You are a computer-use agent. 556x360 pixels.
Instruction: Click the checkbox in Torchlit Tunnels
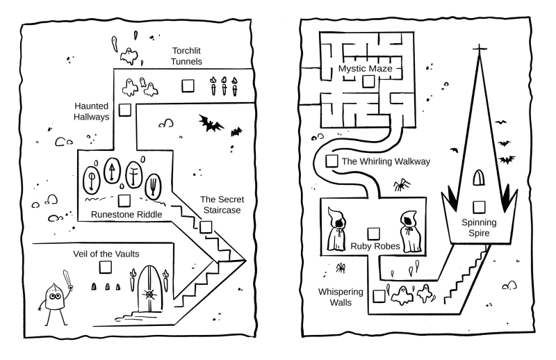pos(188,86)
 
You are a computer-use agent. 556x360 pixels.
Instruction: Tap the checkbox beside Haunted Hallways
pos(125,110)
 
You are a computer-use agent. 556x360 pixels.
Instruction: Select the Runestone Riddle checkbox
pos(124,202)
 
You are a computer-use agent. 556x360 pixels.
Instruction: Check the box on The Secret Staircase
pos(206,226)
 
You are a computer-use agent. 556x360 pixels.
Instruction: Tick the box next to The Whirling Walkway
pos(332,161)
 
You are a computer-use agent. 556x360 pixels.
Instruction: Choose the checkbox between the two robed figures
pos(373,233)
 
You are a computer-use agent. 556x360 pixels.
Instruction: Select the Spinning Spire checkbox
pos(479,206)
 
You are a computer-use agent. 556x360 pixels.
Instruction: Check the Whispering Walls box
pos(379,295)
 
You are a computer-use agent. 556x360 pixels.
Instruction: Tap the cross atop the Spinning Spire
pos(479,49)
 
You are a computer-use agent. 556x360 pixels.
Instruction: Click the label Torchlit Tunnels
pos(188,56)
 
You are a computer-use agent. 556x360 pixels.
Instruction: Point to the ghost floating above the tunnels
pos(128,54)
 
